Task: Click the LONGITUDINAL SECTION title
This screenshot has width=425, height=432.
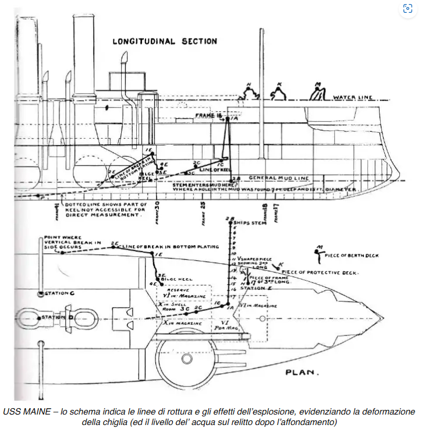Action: click(165, 41)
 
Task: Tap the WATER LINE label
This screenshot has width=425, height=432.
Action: click(353, 97)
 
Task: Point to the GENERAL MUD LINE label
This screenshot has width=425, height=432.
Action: click(276, 178)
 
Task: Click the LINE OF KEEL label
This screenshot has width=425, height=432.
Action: click(212, 169)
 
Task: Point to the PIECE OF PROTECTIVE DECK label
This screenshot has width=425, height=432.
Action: click(321, 272)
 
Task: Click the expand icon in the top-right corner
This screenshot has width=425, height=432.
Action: click(408, 9)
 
